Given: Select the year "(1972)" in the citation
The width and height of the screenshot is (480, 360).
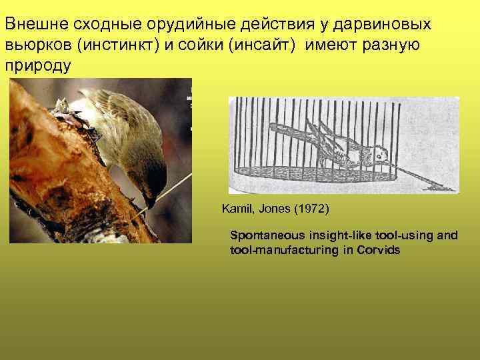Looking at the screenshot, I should click(x=308, y=209).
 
